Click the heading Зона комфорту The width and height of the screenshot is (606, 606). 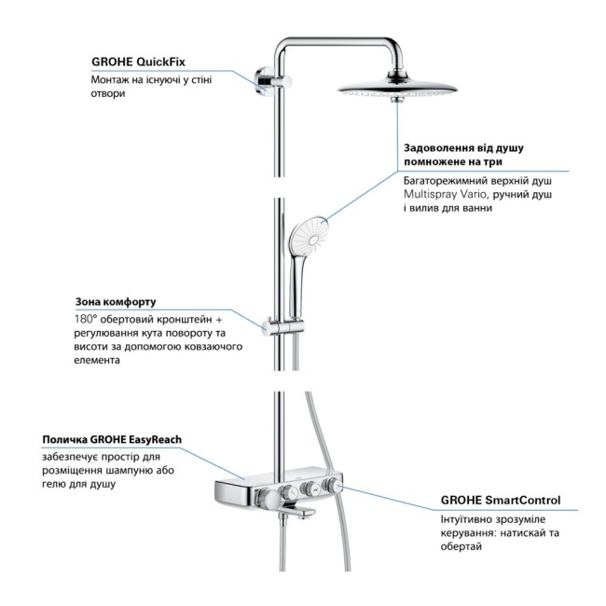116,302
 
